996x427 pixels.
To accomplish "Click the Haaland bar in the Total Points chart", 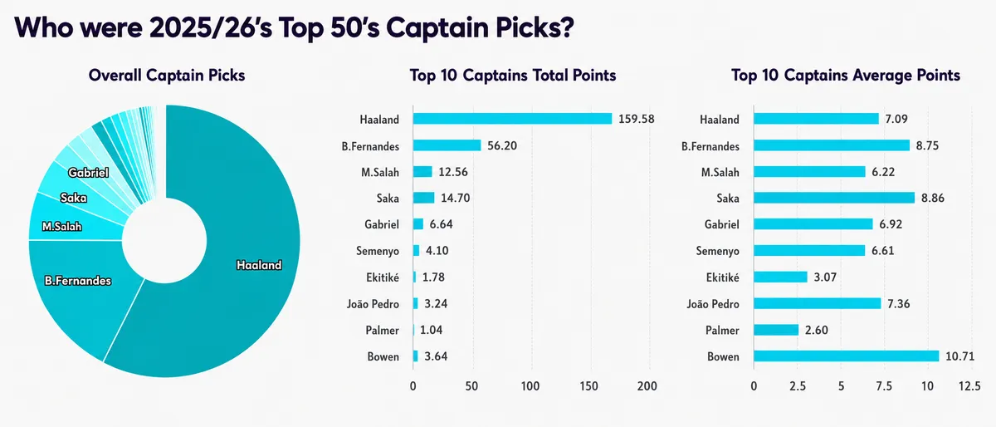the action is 512,119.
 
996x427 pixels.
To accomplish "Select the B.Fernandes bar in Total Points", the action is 447,145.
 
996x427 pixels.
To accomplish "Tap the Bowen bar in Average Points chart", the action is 846,356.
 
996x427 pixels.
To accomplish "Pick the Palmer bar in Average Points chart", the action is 776,330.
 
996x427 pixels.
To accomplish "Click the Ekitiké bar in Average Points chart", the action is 780,277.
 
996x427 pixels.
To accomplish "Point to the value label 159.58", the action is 637,119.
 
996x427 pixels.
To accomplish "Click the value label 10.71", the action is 959,356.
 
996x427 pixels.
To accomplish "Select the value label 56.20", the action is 502,145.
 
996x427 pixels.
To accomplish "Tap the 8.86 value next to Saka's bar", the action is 932,199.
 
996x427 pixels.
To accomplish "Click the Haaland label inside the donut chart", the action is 259,265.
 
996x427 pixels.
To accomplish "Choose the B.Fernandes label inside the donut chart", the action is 78,281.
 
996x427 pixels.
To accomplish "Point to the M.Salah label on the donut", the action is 61,227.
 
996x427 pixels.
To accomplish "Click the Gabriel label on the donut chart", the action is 88,173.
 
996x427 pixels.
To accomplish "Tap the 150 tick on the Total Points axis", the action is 588,385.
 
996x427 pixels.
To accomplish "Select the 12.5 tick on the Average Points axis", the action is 969,385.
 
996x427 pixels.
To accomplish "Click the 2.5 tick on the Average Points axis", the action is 798,385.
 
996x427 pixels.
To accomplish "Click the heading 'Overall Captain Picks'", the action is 167,76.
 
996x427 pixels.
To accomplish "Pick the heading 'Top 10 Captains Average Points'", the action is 846,76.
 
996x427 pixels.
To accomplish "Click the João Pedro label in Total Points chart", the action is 373,304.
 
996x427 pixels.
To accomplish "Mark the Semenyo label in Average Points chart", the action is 718,251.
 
